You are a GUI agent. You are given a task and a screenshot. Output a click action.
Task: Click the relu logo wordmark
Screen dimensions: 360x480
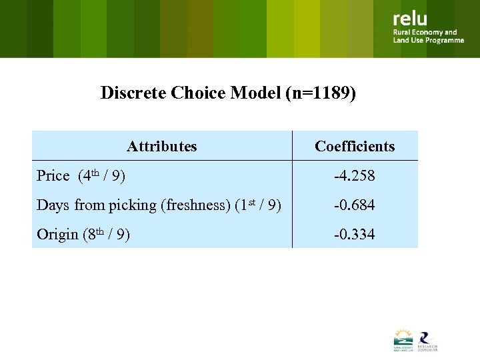coord(410,19)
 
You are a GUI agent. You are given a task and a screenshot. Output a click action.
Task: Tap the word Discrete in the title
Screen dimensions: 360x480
coord(133,93)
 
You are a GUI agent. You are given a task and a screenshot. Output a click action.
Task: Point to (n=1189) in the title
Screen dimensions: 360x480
coord(320,93)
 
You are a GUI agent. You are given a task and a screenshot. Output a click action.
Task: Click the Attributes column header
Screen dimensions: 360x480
coord(162,147)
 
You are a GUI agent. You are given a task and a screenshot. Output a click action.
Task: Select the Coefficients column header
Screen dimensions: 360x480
coord(355,147)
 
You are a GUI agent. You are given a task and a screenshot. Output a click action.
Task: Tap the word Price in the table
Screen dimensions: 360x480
coord(53,176)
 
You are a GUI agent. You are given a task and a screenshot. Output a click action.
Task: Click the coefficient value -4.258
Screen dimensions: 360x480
coord(355,176)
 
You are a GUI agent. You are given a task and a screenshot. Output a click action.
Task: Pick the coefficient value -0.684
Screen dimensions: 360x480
coord(355,205)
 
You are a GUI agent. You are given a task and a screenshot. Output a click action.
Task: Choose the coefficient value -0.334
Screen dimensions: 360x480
coord(355,235)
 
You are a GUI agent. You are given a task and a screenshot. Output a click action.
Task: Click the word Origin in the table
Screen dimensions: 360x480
coord(57,235)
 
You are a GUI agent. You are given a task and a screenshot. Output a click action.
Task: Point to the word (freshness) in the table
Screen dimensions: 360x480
coord(196,205)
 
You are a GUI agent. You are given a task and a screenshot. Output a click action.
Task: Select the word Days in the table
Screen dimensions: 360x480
coord(53,205)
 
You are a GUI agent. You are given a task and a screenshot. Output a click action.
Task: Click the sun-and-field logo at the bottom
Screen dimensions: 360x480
coord(403,340)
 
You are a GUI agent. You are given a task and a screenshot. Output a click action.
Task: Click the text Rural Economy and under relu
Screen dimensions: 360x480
coord(425,32)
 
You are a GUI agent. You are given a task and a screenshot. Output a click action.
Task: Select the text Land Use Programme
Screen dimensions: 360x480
coord(428,41)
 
